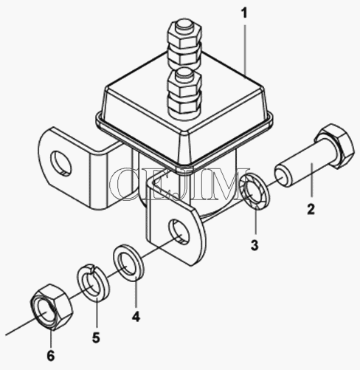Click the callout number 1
tap(243, 13)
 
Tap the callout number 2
tap(311, 210)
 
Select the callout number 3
tap(255, 245)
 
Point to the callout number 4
tap(136, 317)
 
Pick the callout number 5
tap(96, 338)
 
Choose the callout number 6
tap(51, 356)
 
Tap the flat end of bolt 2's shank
tap(282, 177)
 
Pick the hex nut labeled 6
tap(52, 306)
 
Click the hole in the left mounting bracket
tap(61, 162)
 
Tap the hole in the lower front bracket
tap(179, 232)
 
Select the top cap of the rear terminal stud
tap(184, 24)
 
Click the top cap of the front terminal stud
tap(184, 74)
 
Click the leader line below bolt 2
tap(312, 180)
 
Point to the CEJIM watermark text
tap(179, 183)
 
